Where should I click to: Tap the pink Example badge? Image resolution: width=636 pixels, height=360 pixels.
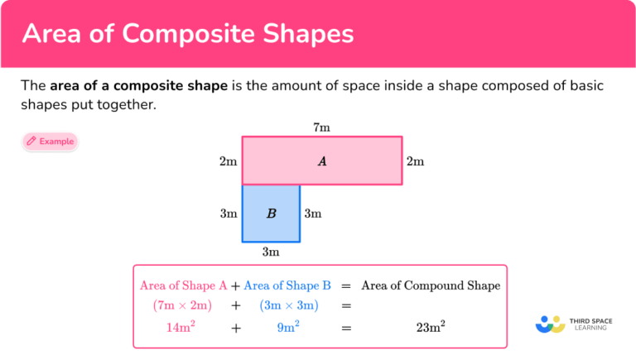pos(50,142)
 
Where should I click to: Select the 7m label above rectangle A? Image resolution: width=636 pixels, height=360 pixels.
pos(321,127)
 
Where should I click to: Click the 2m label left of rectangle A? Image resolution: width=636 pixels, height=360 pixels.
pos(228,161)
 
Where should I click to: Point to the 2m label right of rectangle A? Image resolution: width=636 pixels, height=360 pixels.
pos(415,161)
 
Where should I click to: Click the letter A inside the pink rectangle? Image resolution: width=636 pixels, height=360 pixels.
pos(322,161)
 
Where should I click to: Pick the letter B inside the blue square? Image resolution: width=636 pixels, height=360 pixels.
pos(271,214)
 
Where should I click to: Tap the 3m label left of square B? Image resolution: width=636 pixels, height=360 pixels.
pos(229,214)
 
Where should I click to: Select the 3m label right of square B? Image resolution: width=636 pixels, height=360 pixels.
pos(312,214)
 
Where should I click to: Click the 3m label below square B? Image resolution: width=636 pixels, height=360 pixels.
pos(271,252)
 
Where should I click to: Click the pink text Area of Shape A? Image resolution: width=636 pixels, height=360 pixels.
pos(183,286)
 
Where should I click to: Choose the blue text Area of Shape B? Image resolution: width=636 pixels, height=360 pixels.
pos(287,286)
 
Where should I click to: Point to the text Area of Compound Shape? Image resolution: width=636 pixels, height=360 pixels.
pos(431,286)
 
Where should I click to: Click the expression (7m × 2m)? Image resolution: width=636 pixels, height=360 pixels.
pos(183,305)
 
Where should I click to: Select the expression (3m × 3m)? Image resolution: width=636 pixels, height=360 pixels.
pos(287,305)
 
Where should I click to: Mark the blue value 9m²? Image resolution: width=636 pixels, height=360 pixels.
pos(287,327)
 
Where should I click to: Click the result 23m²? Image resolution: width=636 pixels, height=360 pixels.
pos(431,327)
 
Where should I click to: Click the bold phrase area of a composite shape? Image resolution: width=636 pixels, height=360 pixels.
pos(138,86)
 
